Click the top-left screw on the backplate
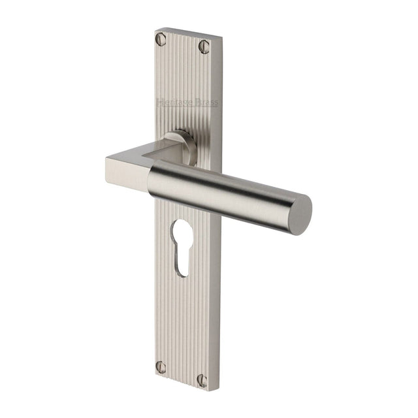point(161,40)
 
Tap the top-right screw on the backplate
point(204,46)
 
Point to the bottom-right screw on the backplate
point(202,379)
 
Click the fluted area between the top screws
point(183,46)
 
